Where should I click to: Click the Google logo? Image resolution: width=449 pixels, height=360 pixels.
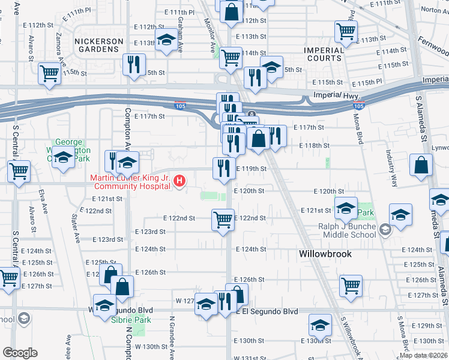coord(20,353)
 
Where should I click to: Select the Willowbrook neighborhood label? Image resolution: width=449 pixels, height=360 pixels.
coord(325,254)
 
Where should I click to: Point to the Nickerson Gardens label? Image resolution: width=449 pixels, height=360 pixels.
coord(98,41)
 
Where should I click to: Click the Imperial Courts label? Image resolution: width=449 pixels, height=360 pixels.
coord(324,54)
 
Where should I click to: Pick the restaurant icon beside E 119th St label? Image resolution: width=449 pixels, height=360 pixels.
coord(223,169)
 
